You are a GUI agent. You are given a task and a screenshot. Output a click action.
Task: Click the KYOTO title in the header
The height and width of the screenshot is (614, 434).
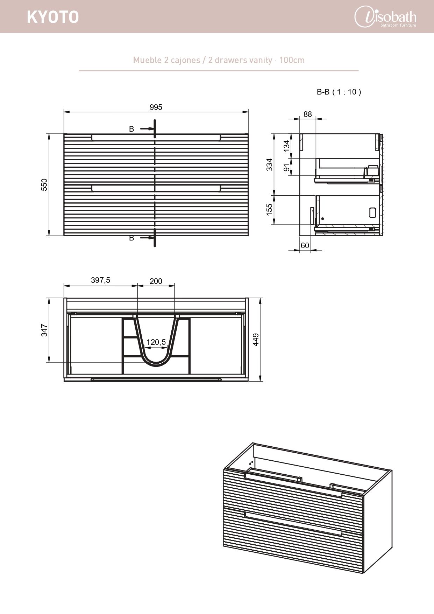(x=53, y=17)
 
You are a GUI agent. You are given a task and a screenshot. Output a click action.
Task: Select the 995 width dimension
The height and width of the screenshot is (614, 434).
(x=156, y=107)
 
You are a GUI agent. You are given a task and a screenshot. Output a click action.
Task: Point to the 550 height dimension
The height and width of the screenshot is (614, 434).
(x=44, y=184)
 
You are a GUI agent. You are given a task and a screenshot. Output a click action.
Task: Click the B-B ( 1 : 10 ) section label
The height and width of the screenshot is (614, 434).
(x=339, y=92)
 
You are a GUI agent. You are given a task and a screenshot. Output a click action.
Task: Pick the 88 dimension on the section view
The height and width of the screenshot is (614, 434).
(x=307, y=114)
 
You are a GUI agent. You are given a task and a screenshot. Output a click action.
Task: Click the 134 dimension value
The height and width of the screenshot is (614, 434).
(x=287, y=146)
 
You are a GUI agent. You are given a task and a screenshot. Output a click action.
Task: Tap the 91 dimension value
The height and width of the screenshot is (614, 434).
(x=287, y=167)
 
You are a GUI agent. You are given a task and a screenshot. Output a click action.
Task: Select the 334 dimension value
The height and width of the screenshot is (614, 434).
(x=269, y=165)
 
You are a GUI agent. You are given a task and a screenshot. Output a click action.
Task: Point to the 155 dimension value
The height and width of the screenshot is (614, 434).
(x=269, y=209)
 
